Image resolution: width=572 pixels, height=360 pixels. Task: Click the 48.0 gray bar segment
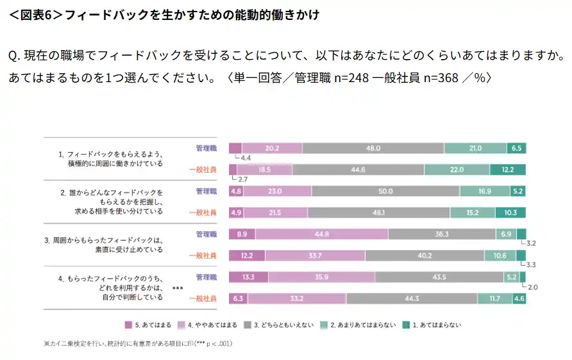(373, 148)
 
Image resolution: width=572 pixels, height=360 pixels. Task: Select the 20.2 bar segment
(271, 148)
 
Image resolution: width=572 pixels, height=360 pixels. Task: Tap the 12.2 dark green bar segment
(508, 169)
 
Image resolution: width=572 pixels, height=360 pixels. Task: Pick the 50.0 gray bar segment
(385, 191)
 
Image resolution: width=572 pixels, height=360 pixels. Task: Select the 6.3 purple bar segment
(238, 298)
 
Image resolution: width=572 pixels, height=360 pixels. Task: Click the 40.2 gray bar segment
(425, 255)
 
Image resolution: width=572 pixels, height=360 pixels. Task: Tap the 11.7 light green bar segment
(494, 298)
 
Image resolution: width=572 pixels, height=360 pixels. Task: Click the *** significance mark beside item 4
(178, 289)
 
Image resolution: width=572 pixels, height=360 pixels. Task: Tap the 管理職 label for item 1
(206, 148)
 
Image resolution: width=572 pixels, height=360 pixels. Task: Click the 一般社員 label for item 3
(203, 255)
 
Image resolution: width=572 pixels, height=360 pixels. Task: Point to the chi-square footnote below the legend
(138, 344)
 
